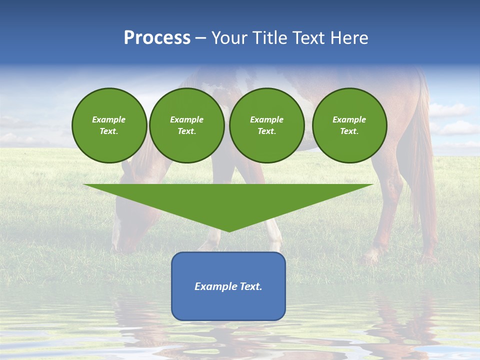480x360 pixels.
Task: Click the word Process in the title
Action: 157,38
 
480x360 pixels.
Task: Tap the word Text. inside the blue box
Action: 251,286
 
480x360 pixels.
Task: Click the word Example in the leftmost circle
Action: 109,119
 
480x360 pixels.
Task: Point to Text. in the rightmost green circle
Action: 349,131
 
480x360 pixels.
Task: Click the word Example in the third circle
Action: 266,119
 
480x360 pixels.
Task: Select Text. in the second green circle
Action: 187,131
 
